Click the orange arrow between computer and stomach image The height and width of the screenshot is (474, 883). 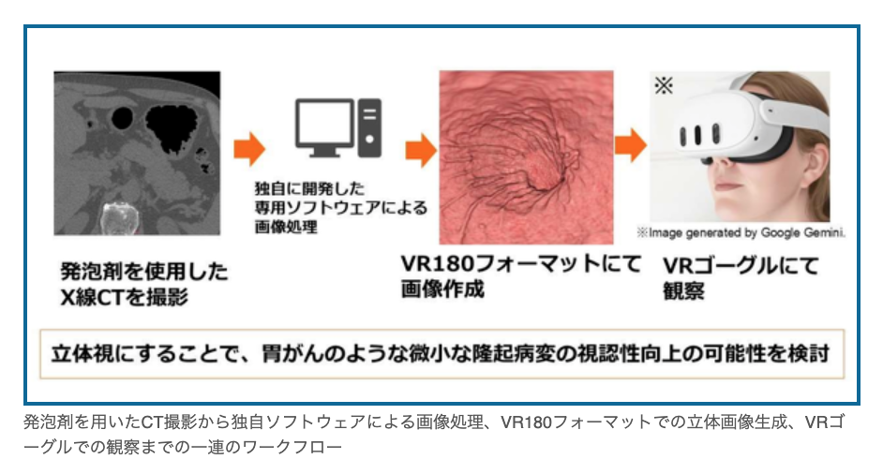coord(420,147)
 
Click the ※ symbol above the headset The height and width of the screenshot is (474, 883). coord(664,85)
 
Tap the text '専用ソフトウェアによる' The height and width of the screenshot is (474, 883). coord(320,209)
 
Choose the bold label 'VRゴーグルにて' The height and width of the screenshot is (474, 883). coord(739,265)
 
